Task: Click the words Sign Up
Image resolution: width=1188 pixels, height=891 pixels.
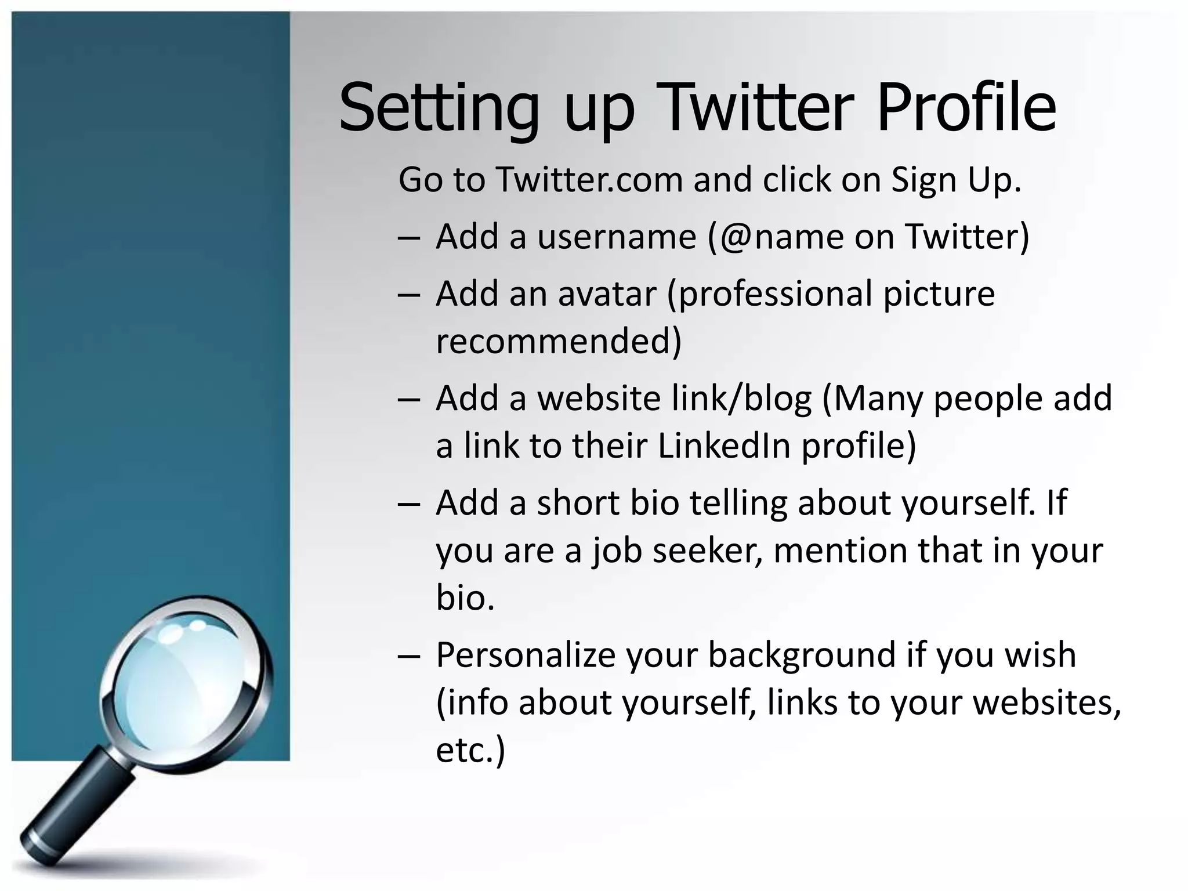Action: click(x=955, y=179)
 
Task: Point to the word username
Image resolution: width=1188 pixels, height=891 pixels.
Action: click(x=616, y=237)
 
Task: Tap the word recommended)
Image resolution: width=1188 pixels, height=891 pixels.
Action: click(x=559, y=341)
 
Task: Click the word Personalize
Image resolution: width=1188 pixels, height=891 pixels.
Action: click(x=525, y=655)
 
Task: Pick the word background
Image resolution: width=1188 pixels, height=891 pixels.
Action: click(x=802, y=655)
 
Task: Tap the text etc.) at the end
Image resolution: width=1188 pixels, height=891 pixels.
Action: click(x=470, y=749)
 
